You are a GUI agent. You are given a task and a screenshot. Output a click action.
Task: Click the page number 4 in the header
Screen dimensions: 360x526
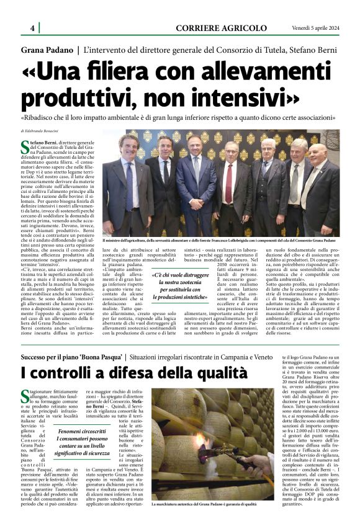[x=32, y=28]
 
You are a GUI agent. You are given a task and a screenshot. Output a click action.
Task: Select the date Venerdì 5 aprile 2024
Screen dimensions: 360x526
[x=317, y=28]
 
